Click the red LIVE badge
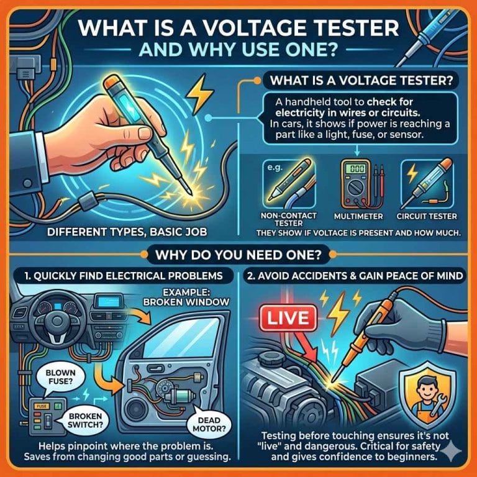pos(288,319)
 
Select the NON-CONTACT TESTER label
pos(288,219)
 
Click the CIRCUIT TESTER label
pos(427,216)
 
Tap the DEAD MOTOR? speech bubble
pos(209,424)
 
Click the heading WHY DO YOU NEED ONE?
pos(238,255)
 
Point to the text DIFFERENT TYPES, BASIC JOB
pos(127,232)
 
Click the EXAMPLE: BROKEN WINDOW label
pos(186,298)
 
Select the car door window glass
pos(182,338)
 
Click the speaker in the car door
pos(136,409)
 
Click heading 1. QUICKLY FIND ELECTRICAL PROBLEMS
pos(124,276)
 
